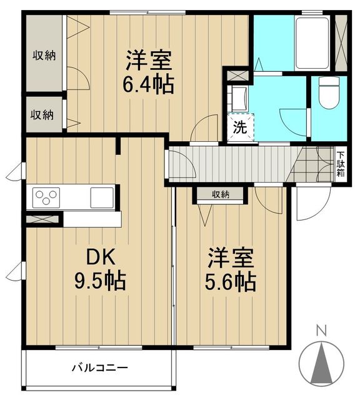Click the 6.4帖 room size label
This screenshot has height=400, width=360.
pos(148,84)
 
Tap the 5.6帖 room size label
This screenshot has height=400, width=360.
pos(230,282)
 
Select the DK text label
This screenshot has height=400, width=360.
pos(101,257)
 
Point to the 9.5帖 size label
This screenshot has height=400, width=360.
pos(100,281)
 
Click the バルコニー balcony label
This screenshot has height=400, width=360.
pos(99,368)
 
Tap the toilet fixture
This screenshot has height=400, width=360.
pos(329,93)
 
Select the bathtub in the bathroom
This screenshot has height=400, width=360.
pos(312,43)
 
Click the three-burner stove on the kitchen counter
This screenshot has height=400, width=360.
pos(46,197)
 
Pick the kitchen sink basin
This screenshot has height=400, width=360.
pos(102,197)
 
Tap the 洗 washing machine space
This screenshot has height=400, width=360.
pos(241,127)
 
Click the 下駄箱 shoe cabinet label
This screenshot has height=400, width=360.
pos(341,164)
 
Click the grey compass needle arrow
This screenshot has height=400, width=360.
pos(321,363)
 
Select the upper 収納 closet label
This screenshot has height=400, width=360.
pos(44,55)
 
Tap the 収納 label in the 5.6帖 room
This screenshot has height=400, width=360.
pos(221,195)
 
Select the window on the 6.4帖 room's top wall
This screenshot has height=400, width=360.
pos(147,12)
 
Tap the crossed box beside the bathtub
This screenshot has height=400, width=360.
pos(341,43)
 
